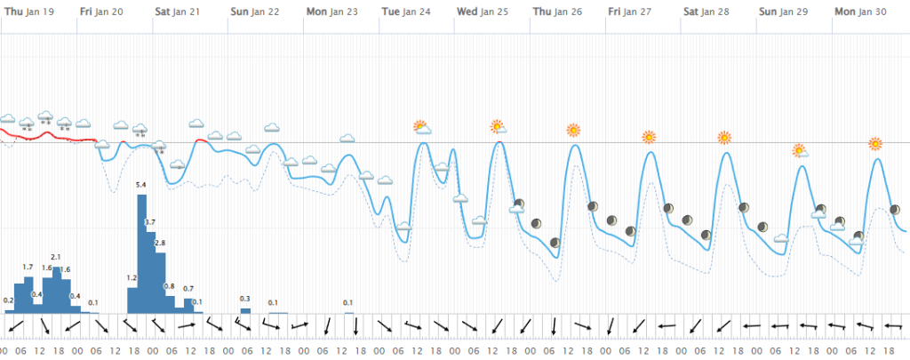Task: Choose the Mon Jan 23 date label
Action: pyautogui.click(x=332, y=11)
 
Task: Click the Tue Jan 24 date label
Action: pyautogui.click(x=407, y=11)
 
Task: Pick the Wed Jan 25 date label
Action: pyautogui.click(x=483, y=11)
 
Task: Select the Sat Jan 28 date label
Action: pyautogui.click(x=709, y=11)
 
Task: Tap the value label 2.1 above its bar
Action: pyautogui.click(x=55, y=257)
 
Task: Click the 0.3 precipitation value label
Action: pyautogui.click(x=245, y=299)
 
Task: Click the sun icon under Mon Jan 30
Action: pyautogui.click(x=875, y=143)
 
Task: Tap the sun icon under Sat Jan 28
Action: pyautogui.click(x=724, y=138)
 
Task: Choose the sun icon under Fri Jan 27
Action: pyautogui.click(x=650, y=138)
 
